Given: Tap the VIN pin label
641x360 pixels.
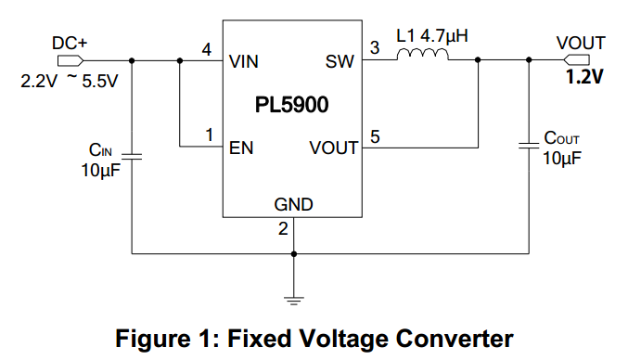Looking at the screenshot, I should pos(246,63).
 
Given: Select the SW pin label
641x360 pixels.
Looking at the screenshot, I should pos(340,63).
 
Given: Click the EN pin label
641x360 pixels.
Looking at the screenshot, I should pos(242,147).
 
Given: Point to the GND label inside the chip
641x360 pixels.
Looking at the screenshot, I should pos(293,204).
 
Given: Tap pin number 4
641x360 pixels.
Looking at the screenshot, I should pos(207,48).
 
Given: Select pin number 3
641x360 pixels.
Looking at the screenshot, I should pos(375,48).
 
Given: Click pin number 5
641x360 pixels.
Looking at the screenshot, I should pos(375,135).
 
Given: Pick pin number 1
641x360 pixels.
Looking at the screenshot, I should pos(209,135).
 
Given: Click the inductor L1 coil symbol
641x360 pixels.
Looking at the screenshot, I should pos(423,57).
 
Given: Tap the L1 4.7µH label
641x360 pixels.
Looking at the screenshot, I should pos(431,36).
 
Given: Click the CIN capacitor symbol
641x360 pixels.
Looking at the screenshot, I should pos(134,156).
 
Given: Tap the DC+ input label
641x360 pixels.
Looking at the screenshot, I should pos(70,42).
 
